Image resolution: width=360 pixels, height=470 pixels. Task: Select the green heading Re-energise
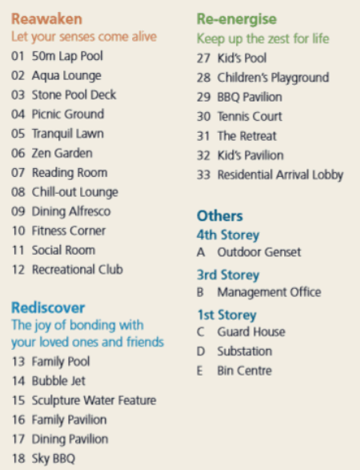click(x=237, y=18)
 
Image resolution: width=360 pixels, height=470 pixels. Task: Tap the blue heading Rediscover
click(x=48, y=307)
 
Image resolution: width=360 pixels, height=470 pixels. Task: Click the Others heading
click(x=219, y=216)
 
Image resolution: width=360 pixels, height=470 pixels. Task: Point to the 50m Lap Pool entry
click(x=68, y=56)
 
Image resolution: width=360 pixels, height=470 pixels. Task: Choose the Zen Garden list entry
click(x=62, y=153)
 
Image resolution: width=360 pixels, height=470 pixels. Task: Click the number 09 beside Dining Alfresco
click(x=18, y=211)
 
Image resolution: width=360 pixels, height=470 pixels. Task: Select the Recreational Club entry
click(x=77, y=270)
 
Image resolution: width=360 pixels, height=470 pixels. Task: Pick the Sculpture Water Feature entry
click(x=94, y=400)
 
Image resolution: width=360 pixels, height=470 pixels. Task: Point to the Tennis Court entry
click(x=250, y=117)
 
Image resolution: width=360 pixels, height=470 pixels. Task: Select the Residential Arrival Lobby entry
click(x=280, y=175)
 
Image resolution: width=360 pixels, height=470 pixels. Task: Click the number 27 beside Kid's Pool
click(x=203, y=58)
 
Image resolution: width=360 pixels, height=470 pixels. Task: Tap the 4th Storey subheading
click(x=228, y=235)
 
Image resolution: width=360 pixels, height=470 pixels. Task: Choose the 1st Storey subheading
click(x=226, y=315)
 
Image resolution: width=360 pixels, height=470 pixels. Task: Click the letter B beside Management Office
click(x=201, y=292)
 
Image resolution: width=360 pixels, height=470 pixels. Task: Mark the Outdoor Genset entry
click(x=258, y=252)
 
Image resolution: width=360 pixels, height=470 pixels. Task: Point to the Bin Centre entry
click(x=244, y=371)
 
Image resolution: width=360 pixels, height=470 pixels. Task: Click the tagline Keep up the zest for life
click(x=262, y=38)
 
